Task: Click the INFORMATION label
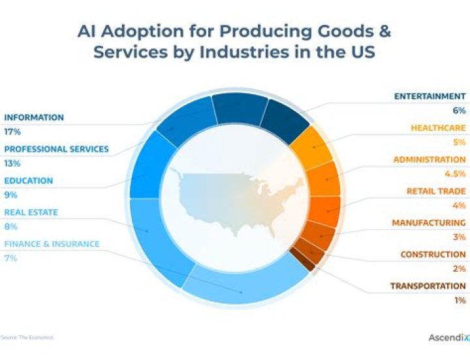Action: [34, 118]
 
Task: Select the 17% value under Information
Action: [12, 132]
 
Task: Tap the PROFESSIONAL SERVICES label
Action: [56, 149]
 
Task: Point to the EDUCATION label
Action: [29, 181]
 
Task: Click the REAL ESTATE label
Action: [31, 212]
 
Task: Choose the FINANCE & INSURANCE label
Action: [52, 244]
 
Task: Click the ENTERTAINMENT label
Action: [430, 96]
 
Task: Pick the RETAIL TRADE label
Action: [436, 191]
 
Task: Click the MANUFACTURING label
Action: [429, 223]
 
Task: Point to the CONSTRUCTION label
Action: [433, 254]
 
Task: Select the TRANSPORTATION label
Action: [428, 286]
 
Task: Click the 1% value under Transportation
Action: [460, 300]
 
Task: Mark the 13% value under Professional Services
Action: [12, 163]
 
